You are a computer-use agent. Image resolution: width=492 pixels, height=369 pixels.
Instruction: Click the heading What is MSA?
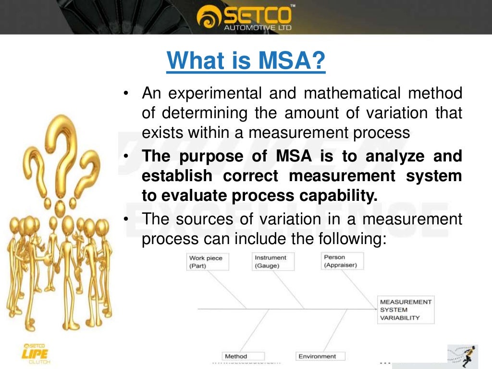[x=246, y=61]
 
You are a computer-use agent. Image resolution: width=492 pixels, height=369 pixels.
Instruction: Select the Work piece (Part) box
[x=206, y=261]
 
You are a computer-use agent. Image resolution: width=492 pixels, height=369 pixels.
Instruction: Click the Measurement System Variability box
[x=406, y=310]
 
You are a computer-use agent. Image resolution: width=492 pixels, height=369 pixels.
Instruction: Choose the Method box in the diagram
[x=236, y=356]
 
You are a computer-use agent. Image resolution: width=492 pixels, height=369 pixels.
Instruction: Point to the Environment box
[x=317, y=356]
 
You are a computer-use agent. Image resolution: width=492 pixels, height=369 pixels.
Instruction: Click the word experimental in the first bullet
[x=216, y=93]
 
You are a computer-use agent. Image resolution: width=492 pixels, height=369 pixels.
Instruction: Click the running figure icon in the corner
[x=462, y=356]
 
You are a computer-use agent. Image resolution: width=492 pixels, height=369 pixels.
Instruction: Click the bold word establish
[x=177, y=176]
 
